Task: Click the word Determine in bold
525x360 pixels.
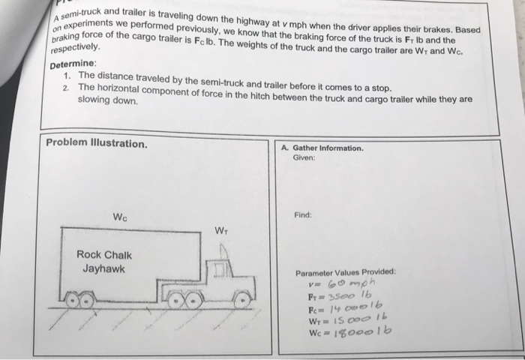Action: coord(73,64)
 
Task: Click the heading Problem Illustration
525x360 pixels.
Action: coord(96,143)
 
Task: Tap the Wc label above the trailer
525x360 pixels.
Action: coord(119,217)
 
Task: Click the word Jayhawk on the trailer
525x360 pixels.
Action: coord(104,268)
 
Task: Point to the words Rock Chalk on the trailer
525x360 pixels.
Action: coord(104,255)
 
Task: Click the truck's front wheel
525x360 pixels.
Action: coord(241,300)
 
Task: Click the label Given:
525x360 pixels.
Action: coord(304,157)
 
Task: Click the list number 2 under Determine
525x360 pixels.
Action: coord(67,88)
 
